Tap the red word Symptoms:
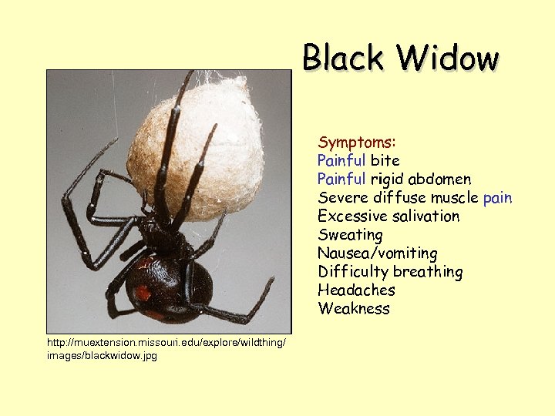click(357, 143)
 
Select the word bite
click(385, 161)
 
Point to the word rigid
click(386, 179)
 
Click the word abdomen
click(439, 179)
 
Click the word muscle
click(453, 198)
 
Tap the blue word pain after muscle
click(497, 198)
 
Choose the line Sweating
click(350, 235)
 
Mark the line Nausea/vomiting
click(378, 253)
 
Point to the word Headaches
click(356, 290)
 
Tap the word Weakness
click(354, 309)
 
